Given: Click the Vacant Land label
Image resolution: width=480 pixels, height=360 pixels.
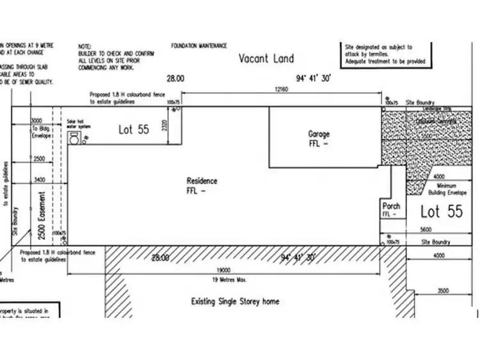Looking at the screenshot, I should pyautogui.click(x=266, y=59).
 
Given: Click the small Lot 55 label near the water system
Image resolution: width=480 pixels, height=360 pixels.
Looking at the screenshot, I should pyautogui.click(x=134, y=129).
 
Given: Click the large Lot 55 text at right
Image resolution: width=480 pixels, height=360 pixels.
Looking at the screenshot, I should pyautogui.click(x=441, y=212).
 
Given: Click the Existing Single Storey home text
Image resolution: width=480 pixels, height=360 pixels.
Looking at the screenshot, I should pyautogui.click(x=236, y=301).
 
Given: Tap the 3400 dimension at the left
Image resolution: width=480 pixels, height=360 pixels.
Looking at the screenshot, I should pyautogui.click(x=40, y=180).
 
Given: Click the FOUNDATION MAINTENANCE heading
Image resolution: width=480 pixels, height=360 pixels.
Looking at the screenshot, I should pyautogui.click(x=198, y=46).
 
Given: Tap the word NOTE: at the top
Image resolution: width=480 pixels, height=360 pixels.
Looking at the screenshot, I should pyautogui.click(x=84, y=47).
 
